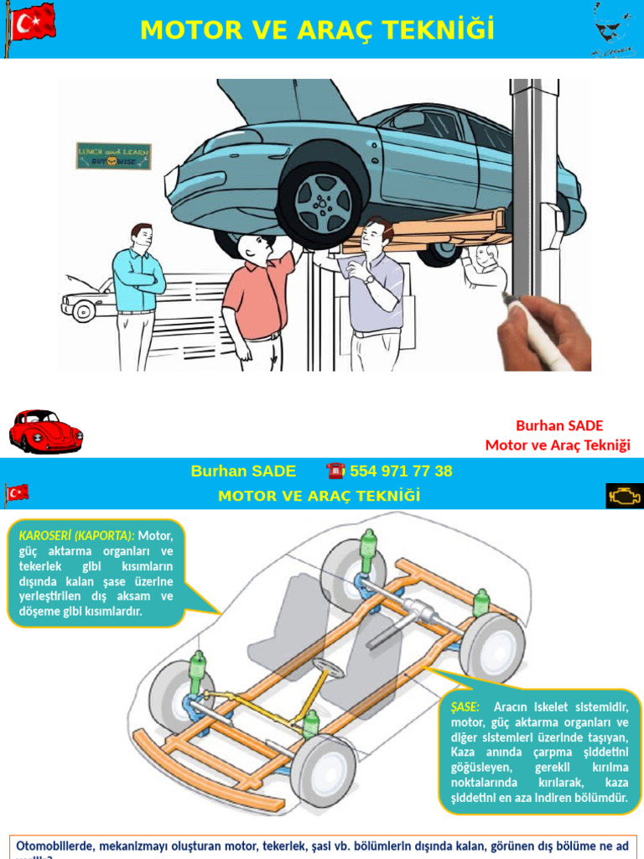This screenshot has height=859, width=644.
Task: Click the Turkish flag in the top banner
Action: coord(32,23)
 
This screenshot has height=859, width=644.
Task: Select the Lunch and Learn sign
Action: coord(113,156)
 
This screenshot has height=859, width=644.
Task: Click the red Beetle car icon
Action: coord(45,430)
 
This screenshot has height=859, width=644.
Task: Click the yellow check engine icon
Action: coord(625,496)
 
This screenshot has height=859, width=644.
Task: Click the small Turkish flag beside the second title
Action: coord(17,492)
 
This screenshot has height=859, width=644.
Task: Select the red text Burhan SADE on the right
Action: coord(558,425)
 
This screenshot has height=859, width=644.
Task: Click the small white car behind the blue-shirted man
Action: coord(84,302)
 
